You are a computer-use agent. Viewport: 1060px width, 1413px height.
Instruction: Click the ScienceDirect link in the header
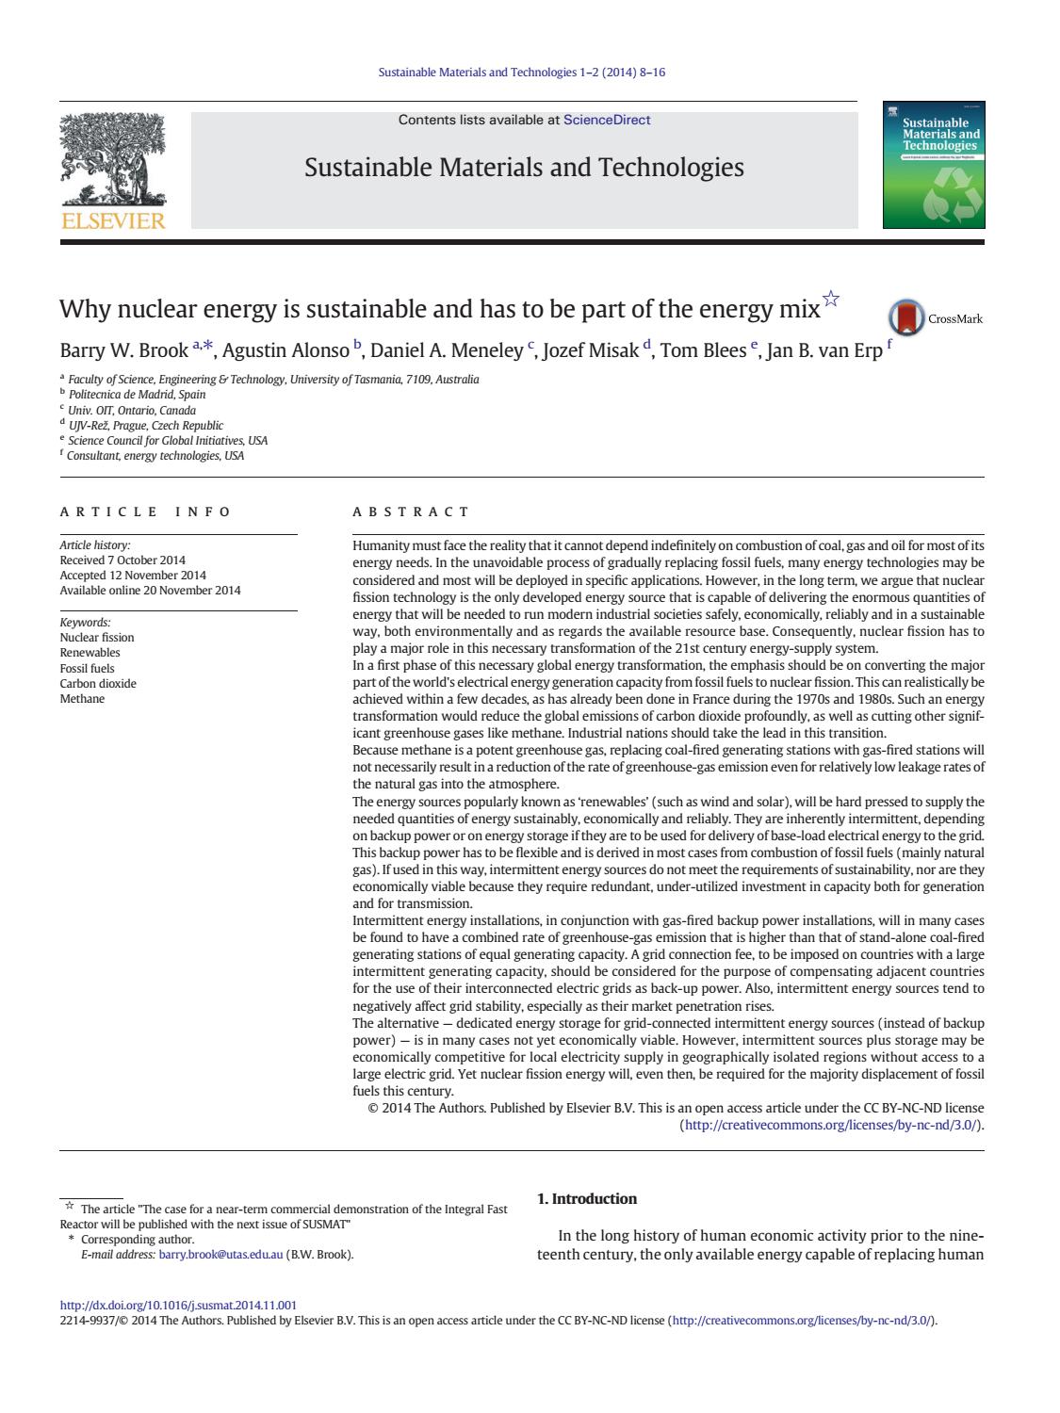(x=606, y=120)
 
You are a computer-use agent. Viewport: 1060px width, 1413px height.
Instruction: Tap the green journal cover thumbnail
(x=933, y=165)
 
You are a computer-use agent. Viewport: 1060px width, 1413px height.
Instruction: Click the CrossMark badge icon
(x=906, y=318)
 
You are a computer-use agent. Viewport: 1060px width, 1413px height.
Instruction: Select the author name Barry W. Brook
(x=124, y=351)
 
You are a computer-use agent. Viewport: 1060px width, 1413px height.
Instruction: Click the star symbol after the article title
(x=830, y=300)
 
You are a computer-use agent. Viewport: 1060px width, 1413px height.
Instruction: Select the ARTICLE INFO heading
(x=145, y=512)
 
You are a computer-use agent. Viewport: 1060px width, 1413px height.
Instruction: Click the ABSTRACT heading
(x=411, y=512)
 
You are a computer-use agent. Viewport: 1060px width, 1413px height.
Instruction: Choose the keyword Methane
(x=82, y=698)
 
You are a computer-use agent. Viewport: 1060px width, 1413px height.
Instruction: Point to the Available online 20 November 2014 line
(x=150, y=590)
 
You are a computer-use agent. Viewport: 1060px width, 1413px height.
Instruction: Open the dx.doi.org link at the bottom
(x=178, y=1305)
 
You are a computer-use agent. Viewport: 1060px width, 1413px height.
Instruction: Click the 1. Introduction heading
(x=586, y=1198)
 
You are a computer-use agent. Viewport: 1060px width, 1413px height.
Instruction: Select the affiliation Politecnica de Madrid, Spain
(x=137, y=395)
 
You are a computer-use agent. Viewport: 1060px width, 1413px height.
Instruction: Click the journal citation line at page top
(x=521, y=72)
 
